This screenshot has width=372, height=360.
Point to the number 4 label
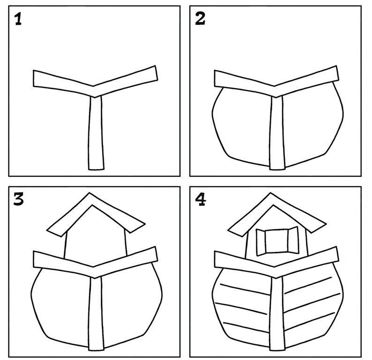click(x=201, y=200)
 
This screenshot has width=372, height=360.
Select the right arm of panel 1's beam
click(x=126, y=80)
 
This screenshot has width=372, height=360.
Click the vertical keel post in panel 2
click(x=276, y=133)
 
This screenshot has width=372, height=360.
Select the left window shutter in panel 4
click(x=261, y=241)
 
